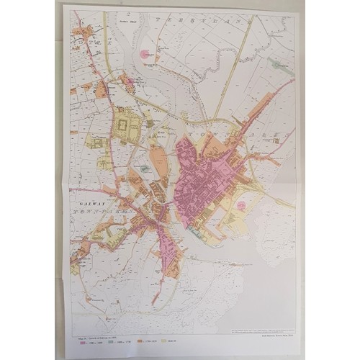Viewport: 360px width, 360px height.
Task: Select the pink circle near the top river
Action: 147,53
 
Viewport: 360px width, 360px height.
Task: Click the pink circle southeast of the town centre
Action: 242,204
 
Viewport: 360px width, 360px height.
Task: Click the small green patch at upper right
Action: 277,63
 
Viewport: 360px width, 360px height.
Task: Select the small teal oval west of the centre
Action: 144,168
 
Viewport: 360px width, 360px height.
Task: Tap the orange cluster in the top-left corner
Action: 85,32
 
